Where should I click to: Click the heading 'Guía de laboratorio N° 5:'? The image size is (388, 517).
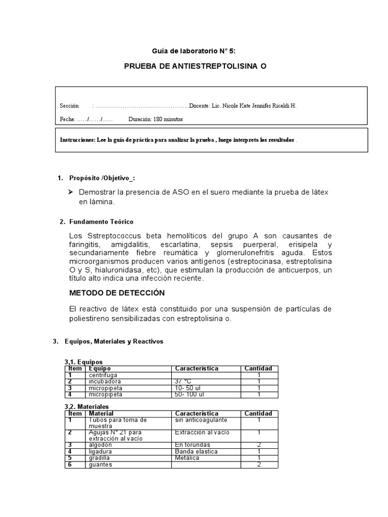(193, 51)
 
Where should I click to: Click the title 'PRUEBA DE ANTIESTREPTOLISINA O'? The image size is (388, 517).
(195, 67)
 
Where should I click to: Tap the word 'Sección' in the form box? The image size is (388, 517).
(69, 106)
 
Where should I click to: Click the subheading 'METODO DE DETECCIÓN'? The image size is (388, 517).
(117, 293)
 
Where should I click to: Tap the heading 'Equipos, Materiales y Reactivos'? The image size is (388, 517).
(114, 341)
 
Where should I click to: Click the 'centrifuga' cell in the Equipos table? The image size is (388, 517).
(103, 375)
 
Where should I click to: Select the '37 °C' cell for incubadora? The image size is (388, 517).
(183, 382)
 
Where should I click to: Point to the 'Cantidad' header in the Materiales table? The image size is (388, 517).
(258, 413)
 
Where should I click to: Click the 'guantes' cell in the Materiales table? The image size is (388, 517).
(101, 464)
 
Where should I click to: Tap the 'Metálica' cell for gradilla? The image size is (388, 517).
(187, 458)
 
